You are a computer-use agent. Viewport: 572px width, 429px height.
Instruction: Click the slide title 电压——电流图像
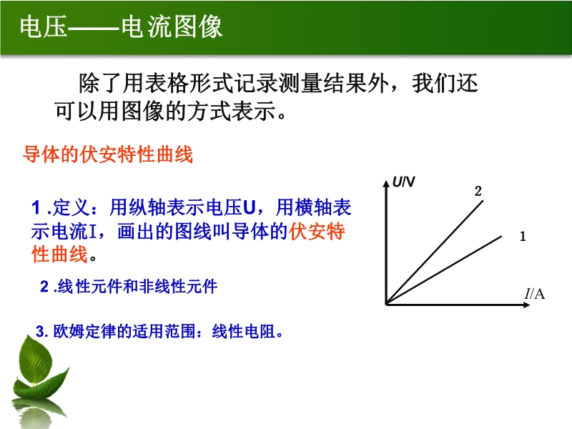[121, 26]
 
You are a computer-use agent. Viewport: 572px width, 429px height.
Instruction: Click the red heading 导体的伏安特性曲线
[108, 154]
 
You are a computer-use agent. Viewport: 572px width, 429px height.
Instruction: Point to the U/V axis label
[403, 182]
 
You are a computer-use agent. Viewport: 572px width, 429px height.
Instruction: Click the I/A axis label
[534, 293]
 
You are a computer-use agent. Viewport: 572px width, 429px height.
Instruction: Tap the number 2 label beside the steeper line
[478, 191]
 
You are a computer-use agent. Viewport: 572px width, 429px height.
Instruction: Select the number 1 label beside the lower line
[523, 237]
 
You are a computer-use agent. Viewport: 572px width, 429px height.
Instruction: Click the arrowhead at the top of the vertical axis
[386, 183]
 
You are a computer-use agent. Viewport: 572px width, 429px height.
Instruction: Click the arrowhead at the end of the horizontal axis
[526, 305]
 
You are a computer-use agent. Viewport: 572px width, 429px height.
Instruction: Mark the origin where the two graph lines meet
[387, 304]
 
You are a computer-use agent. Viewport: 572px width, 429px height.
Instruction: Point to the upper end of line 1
[501, 237]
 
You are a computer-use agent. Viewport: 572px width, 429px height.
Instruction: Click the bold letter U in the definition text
[249, 207]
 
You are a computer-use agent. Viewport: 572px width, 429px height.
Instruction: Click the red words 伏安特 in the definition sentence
[317, 231]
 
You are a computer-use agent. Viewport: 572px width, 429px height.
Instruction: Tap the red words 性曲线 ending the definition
[59, 255]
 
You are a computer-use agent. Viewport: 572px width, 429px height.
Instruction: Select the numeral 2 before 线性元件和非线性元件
[44, 287]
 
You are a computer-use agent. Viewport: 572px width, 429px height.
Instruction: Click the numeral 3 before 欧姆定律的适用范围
[40, 332]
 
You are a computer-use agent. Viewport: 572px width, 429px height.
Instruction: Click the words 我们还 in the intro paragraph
[445, 84]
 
